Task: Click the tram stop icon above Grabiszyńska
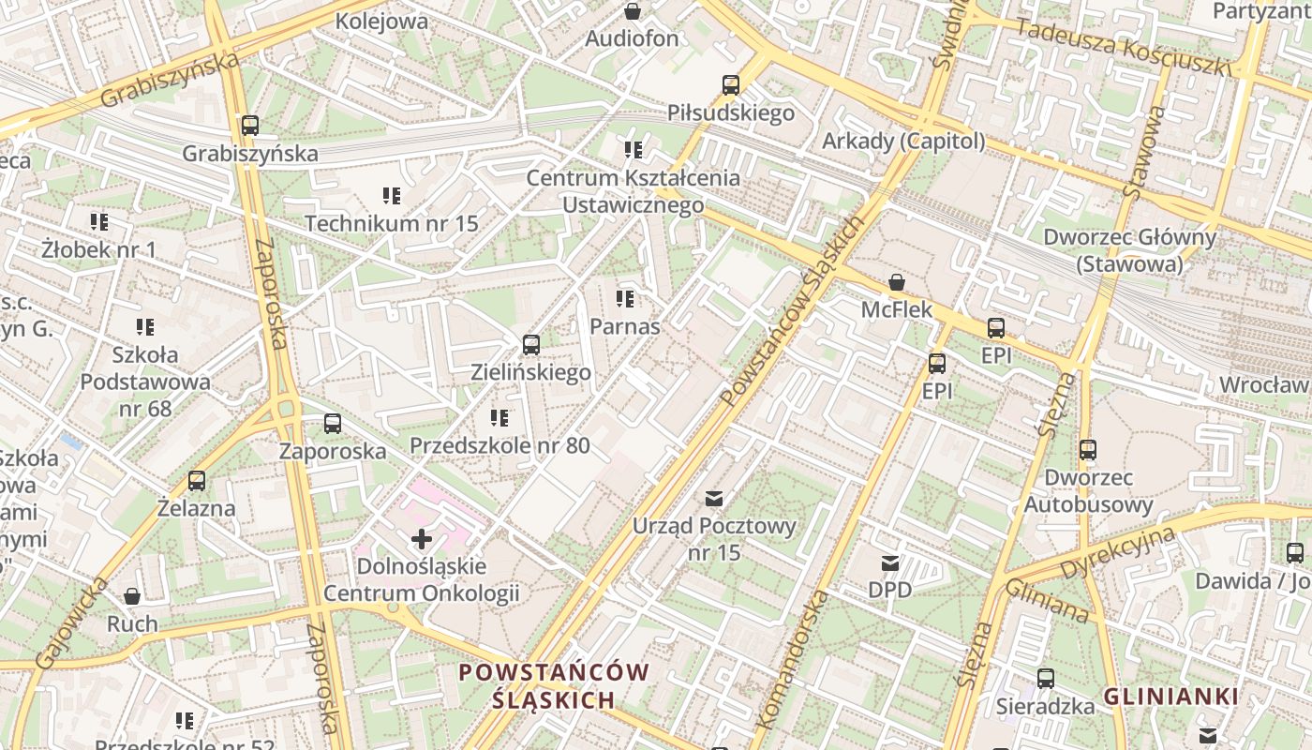click(x=249, y=125)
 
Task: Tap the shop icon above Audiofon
click(x=633, y=11)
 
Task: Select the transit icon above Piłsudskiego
click(x=731, y=85)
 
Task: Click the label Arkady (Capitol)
click(x=903, y=141)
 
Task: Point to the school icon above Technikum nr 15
click(x=392, y=196)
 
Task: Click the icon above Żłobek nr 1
click(x=98, y=222)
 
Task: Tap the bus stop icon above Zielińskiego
click(x=531, y=345)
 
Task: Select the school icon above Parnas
click(x=625, y=299)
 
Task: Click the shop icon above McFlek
click(x=897, y=281)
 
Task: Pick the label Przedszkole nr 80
click(x=499, y=445)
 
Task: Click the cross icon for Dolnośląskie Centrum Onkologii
click(x=422, y=539)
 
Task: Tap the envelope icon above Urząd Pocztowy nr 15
click(x=714, y=498)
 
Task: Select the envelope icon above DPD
click(x=889, y=563)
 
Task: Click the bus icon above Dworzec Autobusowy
click(x=1087, y=450)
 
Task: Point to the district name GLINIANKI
click(x=1170, y=697)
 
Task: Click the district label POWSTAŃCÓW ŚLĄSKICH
click(x=554, y=685)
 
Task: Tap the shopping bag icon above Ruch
click(x=132, y=596)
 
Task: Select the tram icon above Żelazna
click(x=197, y=481)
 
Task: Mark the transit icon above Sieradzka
click(x=1045, y=679)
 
